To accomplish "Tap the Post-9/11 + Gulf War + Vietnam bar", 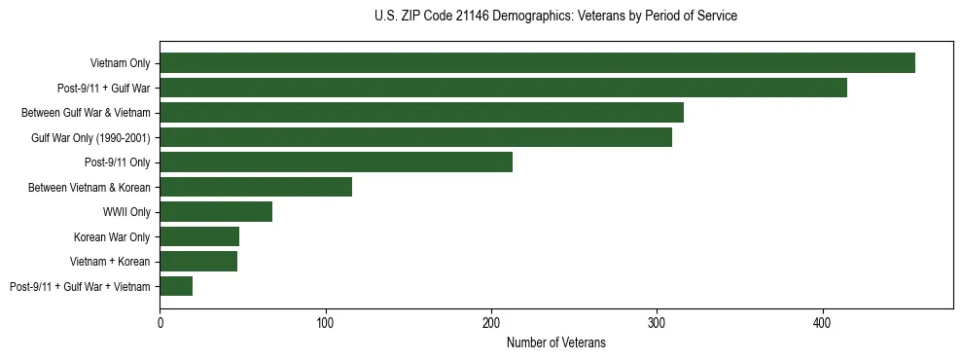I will tap(176, 286).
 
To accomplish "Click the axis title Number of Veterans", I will tap(555, 342).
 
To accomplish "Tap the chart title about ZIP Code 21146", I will tap(555, 17).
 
